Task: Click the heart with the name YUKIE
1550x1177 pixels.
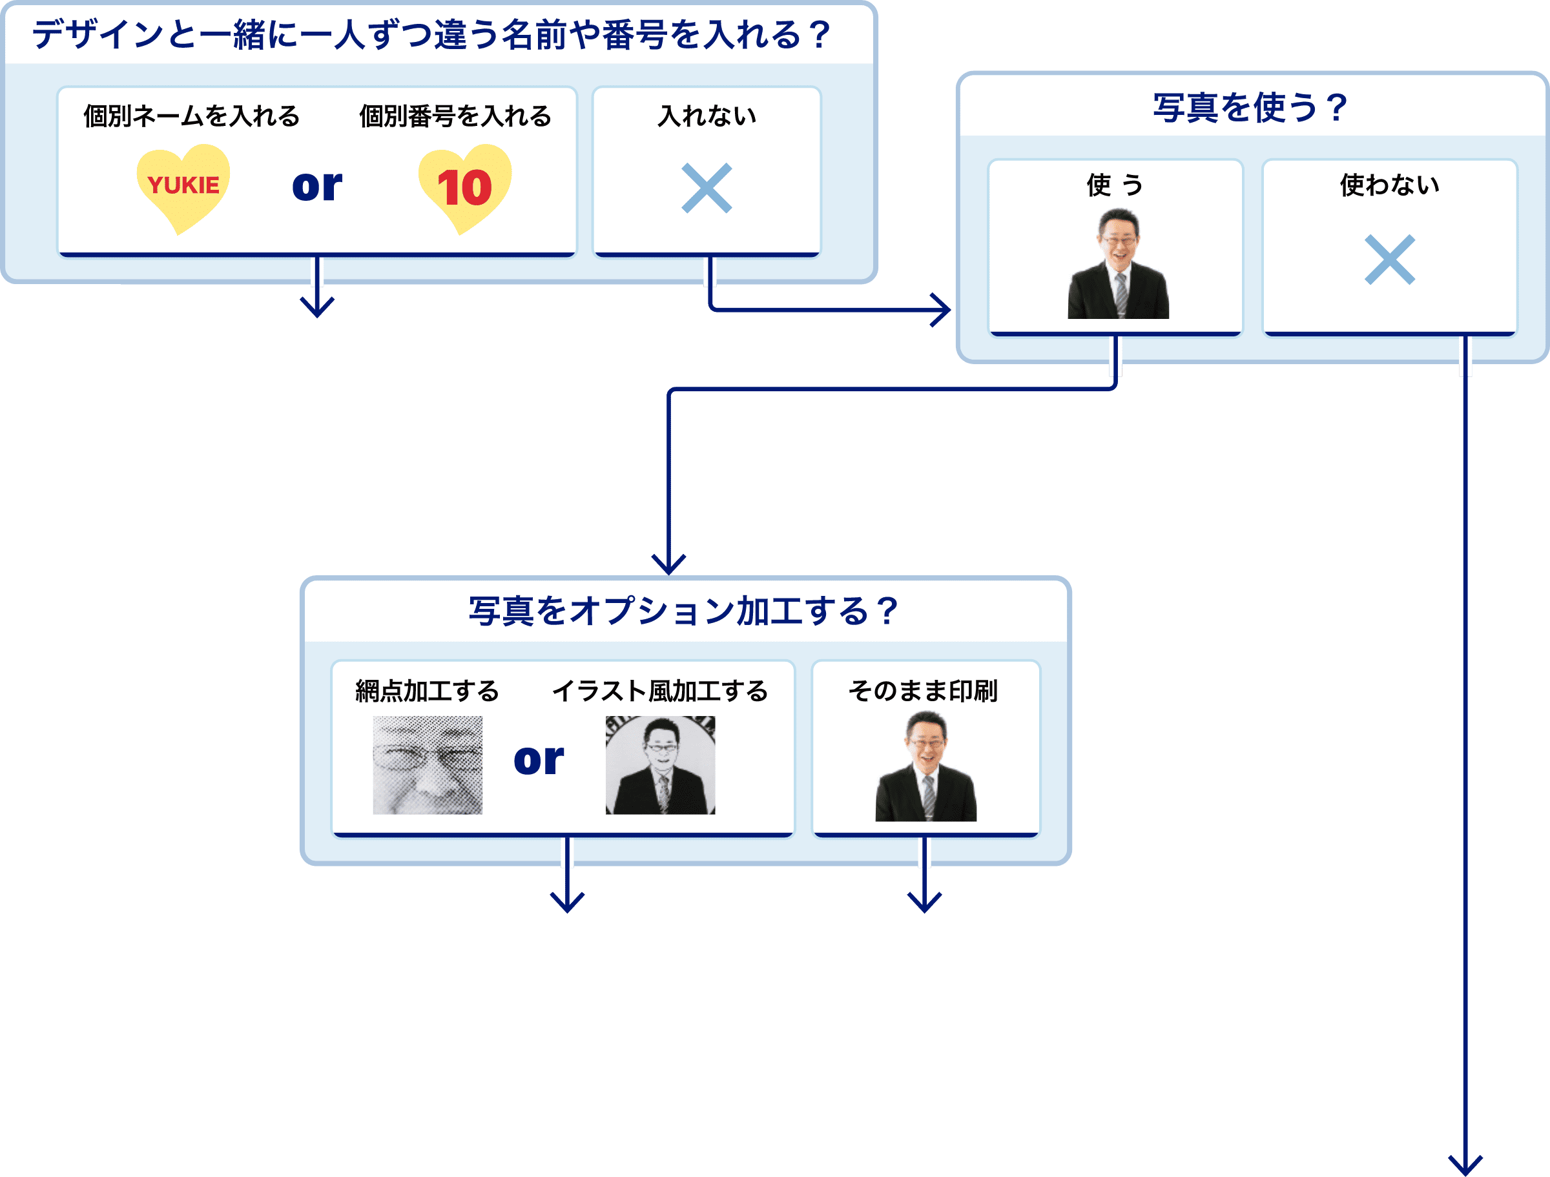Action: pyautogui.click(x=183, y=187)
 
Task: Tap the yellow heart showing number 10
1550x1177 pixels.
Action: pyautogui.click(x=464, y=188)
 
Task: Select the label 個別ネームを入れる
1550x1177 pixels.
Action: pyautogui.click(x=191, y=116)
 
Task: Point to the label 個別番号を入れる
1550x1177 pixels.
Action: pyautogui.click(x=455, y=116)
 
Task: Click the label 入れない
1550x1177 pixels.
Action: pyautogui.click(x=707, y=116)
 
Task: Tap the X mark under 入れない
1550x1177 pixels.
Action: pyautogui.click(x=707, y=188)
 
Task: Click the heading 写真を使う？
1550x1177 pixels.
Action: pyautogui.click(x=1250, y=108)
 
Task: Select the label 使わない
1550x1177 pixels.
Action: pyautogui.click(x=1390, y=185)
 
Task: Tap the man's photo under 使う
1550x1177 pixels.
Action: pyautogui.click(x=1119, y=264)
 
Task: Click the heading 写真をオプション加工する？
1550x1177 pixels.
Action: pyautogui.click(x=683, y=611)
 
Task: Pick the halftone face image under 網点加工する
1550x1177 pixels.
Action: pyautogui.click(x=428, y=764)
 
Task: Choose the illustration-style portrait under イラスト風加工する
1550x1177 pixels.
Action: pyautogui.click(x=660, y=764)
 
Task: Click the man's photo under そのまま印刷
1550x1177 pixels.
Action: pyautogui.click(x=925, y=766)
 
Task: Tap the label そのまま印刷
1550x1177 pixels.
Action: pyautogui.click(x=923, y=691)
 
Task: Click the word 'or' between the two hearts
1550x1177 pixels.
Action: pyautogui.click(x=318, y=187)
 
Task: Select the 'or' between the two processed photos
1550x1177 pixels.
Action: pyautogui.click(x=538, y=760)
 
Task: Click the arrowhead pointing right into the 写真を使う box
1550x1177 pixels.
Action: pyautogui.click(x=942, y=310)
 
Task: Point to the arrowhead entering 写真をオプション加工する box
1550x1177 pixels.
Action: pyautogui.click(x=668, y=565)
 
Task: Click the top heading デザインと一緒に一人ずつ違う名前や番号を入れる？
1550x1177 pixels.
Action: pyautogui.click(x=431, y=35)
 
